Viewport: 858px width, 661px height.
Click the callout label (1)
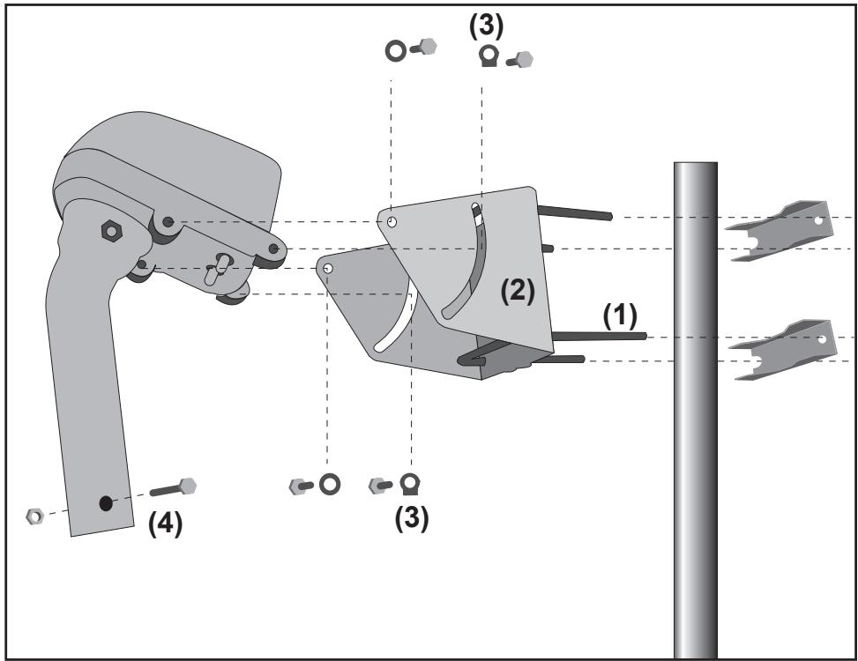point(620,316)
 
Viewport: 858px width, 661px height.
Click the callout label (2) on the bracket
point(518,291)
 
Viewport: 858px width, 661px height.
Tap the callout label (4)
point(165,524)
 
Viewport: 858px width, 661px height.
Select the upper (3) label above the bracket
point(486,26)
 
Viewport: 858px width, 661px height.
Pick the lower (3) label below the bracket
point(412,517)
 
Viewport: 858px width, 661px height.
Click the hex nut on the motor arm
point(112,231)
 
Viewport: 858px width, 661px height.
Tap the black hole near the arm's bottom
point(106,503)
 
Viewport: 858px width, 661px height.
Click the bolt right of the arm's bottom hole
point(174,487)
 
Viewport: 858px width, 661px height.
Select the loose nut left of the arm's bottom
point(34,516)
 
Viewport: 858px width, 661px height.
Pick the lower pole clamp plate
point(783,350)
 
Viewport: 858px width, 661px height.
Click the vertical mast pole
point(696,410)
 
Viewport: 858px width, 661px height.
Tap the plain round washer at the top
point(396,51)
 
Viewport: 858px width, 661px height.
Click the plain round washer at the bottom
point(330,485)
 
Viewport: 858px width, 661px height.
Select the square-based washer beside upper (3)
point(489,56)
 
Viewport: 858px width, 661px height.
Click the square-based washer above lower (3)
point(410,485)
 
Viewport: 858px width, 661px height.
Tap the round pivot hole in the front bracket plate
point(392,221)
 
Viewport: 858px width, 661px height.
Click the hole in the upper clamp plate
point(818,221)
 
